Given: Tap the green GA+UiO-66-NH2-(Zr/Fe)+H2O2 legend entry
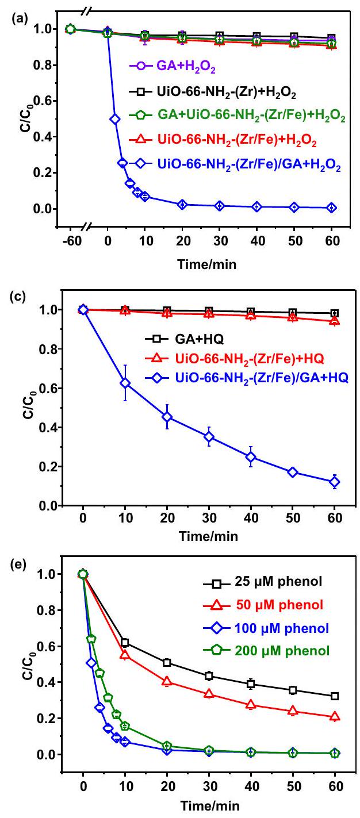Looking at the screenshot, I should (x=242, y=117).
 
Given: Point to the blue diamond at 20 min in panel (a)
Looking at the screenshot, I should (x=183, y=204).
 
